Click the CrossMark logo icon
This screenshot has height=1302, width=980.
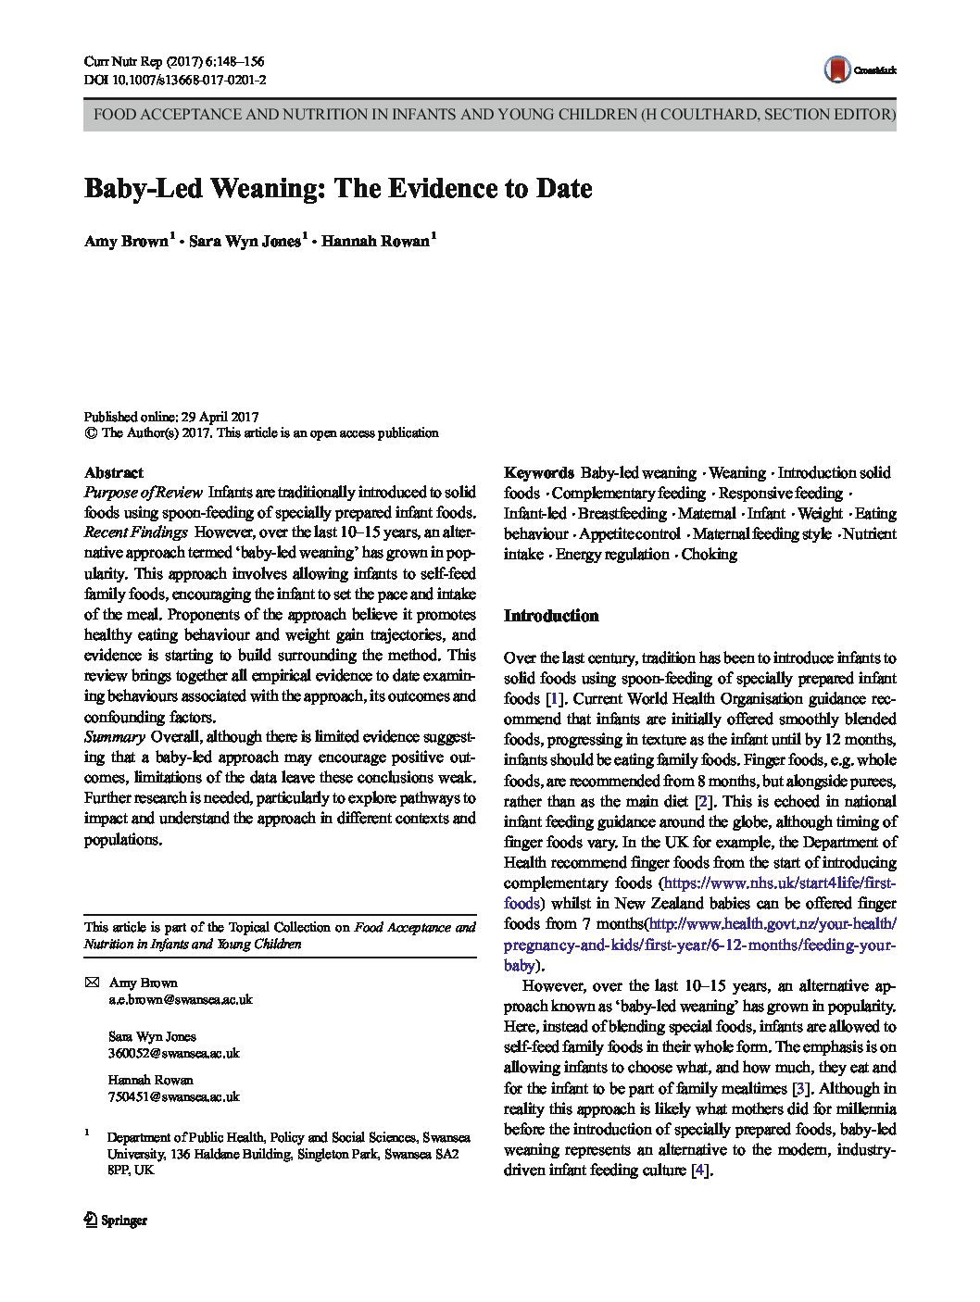(837, 69)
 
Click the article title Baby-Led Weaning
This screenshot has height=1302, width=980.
(338, 188)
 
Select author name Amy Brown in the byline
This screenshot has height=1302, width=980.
(127, 242)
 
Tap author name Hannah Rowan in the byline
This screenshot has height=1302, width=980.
(376, 242)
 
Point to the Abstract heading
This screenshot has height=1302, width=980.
(113, 472)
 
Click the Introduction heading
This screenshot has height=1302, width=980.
(550, 616)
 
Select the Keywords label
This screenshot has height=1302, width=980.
(538, 473)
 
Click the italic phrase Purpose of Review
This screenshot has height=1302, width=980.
(144, 493)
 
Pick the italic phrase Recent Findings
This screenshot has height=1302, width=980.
(136, 532)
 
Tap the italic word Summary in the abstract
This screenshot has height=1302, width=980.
(114, 737)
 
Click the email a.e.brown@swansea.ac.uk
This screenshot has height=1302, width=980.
(180, 1000)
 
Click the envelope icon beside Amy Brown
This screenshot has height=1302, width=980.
(91, 983)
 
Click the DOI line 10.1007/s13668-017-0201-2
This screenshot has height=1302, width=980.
(175, 81)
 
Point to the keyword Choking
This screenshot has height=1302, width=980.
(709, 555)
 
